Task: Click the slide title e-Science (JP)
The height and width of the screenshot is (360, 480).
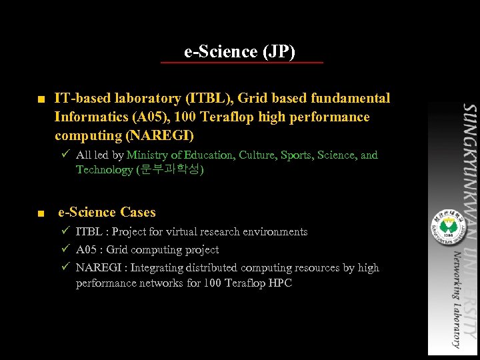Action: pos(240,51)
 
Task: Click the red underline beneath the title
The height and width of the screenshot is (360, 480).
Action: pos(241,63)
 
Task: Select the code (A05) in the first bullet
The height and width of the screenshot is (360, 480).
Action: pos(152,117)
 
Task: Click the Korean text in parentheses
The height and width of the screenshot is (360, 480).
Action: pos(170,170)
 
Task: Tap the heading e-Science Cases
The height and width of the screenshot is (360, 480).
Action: pos(107,213)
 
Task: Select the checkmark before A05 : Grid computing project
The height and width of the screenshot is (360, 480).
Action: pos(65,249)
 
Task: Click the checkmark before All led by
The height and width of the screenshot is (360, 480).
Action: pos(65,155)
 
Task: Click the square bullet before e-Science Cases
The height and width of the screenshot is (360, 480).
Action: pos(41,214)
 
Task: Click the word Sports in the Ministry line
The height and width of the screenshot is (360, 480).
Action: pos(295,155)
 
